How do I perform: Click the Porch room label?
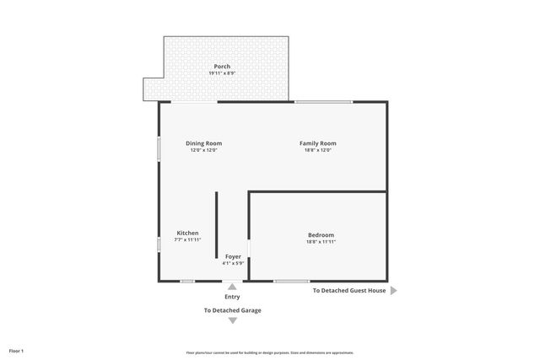point(222,67)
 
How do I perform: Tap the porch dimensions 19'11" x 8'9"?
point(222,73)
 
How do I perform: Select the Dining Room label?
point(203,143)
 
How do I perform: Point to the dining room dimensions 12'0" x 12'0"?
point(203,150)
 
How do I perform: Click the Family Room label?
point(318,143)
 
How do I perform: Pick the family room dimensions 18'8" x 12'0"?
point(318,150)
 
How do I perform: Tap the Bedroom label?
point(321,234)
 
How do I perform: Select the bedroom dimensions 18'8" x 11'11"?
point(321,241)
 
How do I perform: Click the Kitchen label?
point(187,233)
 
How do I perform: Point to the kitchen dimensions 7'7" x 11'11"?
point(187,239)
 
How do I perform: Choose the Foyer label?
point(233,256)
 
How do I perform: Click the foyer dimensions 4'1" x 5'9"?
point(233,263)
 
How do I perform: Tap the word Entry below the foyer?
point(232,297)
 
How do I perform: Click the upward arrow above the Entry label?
point(232,287)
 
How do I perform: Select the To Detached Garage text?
point(232,310)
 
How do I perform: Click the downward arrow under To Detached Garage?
point(232,320)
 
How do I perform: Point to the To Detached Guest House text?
point(349,290)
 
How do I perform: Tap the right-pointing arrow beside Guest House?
point(393,290)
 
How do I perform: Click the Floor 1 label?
point(17,350)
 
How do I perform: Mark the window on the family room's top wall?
point(323,102)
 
